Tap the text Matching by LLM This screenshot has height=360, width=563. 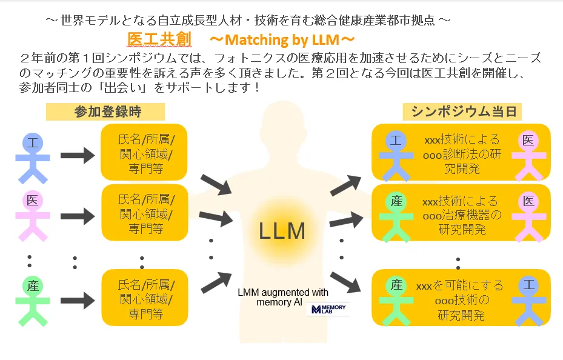point(281,41)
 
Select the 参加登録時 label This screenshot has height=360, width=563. point(105,112)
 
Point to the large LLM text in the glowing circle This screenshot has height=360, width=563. point(282,231)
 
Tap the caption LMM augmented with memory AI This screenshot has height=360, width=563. point(284,297)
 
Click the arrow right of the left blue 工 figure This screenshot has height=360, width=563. point(78,155)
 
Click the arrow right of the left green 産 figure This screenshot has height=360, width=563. point(78,298)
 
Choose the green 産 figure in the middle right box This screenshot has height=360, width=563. point(396,215)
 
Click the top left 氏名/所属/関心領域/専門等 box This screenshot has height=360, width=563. point(145,153)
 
